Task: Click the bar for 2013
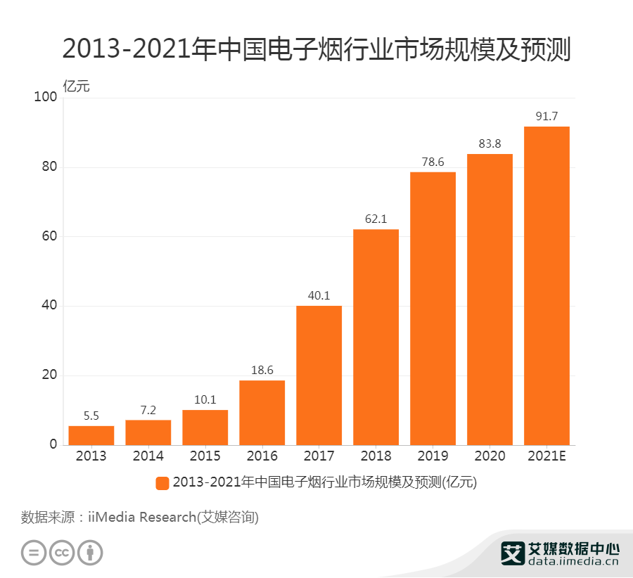[x=91, y=435]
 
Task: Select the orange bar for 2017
[x=319, y=375]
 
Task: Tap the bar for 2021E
[x=546, y=285]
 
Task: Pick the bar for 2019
[x=433, y=309]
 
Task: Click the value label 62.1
[x=376, y=219]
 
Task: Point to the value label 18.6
[x=262, y=370]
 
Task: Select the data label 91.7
[x=546, y=116]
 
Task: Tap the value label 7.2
[x=148, y=409]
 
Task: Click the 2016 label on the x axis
[x=262, y=456]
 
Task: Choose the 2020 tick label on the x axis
[x=490, y=456]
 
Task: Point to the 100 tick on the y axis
[x=45, y=97]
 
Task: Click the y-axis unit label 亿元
[x=77, y=86]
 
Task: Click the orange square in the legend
[x=162, y=482]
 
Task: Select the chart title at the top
[x=316, y=50]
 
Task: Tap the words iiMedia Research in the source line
[x=141, y=518]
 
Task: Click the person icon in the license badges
[x=90, y=552]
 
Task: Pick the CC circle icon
[x=62, y=552]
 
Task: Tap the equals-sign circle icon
[x=34, y=552]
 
